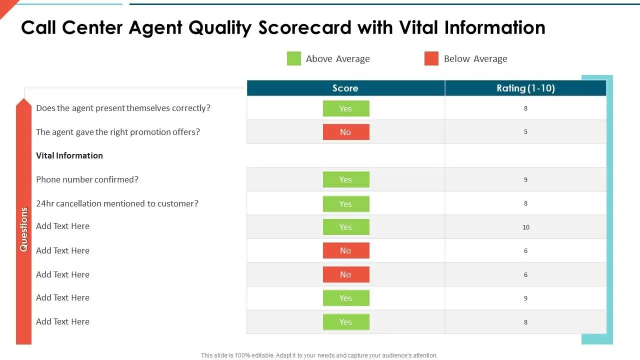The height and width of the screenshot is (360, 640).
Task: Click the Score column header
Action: tap(345, 88)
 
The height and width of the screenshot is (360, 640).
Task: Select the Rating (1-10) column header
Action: tap(525, 88)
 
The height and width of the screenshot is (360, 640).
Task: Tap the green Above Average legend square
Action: tap(294, 58)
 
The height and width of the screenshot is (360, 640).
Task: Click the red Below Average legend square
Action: tap(431, 58)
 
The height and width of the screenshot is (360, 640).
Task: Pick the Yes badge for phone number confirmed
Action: tap(346, 179)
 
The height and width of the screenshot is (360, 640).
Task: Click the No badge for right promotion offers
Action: tap(346, 132)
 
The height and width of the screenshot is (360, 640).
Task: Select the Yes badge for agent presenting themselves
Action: tap(346, 108)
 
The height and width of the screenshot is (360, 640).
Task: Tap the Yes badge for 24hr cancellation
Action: tap(346, 204)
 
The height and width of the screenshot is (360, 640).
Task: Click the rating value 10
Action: tap(526, 227)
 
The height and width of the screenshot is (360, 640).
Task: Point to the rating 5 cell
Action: tap(525, 132)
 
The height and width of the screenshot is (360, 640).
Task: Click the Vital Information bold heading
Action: tap(69, 155)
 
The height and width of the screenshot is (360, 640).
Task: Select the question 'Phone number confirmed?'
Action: tap(87, 179)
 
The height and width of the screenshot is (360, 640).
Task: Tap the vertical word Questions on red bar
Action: tap(24, 229)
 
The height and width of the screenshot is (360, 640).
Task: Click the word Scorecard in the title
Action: tap(305, 27)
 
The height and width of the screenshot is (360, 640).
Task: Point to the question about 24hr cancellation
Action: tap(117, 203)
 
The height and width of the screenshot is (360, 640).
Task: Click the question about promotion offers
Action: tap(118, 132)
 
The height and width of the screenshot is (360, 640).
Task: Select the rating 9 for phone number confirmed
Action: tap(525, 179)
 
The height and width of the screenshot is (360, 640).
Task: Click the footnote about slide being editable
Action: tap(319, 355)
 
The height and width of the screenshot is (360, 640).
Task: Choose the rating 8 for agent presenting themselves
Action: tap(525, 108)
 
